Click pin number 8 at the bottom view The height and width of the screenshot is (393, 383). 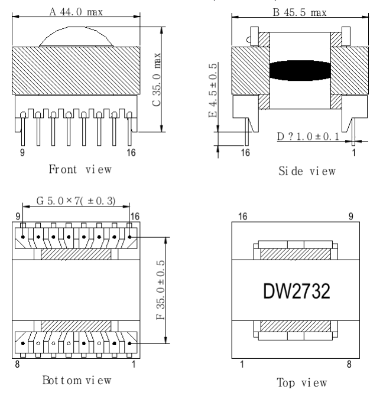(17, 365)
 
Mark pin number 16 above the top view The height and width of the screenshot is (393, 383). (242, 217)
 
